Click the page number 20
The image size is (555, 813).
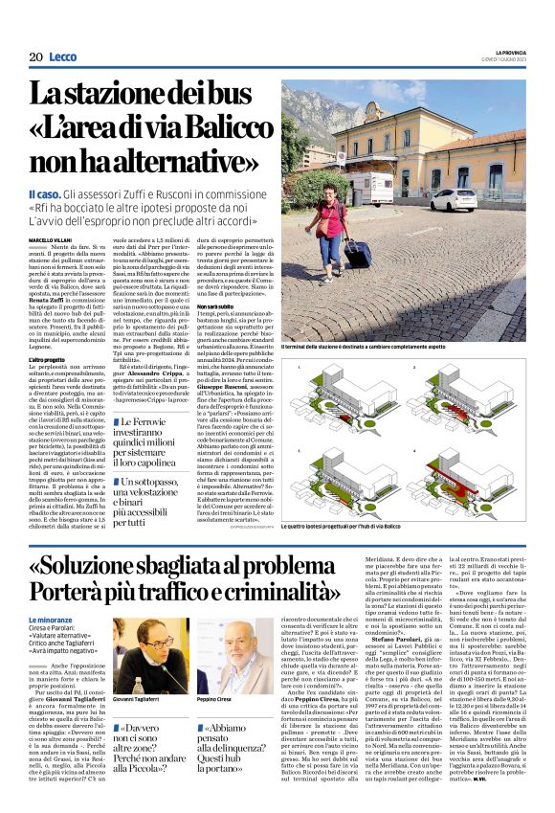[x=34, y=57]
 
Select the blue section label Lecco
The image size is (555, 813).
[x=63, y=57]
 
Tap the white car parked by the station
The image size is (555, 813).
[x=452, y=200]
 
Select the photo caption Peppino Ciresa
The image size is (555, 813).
[x=217, y=700]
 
